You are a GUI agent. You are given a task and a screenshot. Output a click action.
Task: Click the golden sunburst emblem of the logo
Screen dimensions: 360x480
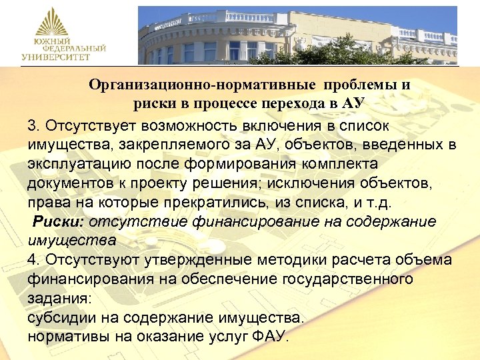coord(52,23)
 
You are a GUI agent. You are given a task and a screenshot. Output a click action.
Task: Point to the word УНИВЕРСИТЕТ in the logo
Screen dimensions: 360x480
coord(55,57)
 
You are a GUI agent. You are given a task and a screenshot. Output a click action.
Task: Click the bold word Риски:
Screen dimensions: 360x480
coord(59,221)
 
